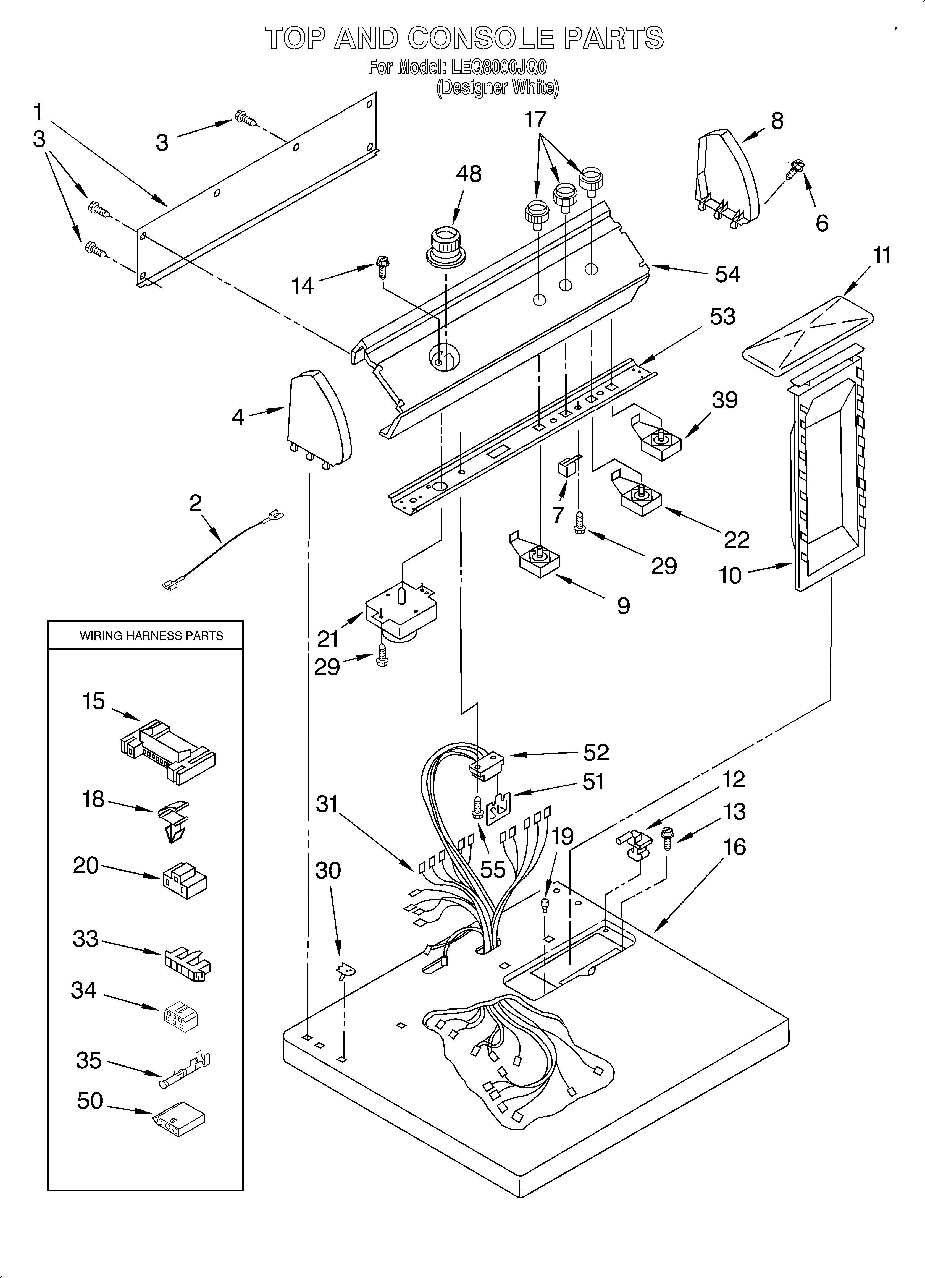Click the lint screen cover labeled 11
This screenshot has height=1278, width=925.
[x=808, y=335]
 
